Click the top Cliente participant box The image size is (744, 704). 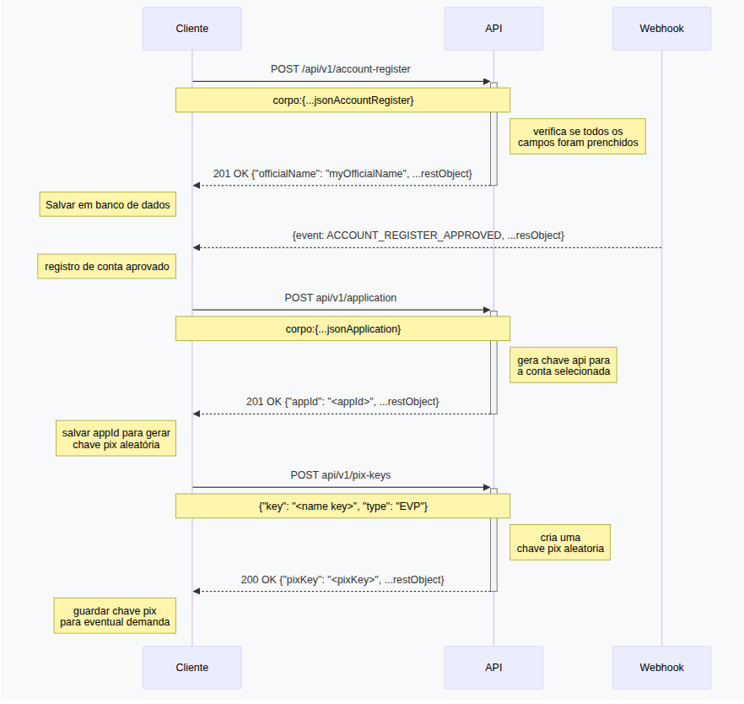tap(191, 29)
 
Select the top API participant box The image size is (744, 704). tap(493, 29)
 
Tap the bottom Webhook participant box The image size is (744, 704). tap(661, 667)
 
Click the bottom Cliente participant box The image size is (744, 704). tap(191, 667)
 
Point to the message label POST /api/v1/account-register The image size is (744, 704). tap(341, 68)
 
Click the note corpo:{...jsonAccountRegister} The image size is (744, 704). tap(342, 100)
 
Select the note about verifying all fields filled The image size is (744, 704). tap(578, 138)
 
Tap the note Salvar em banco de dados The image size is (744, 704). tap(108, 205)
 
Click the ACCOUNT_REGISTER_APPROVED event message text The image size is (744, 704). tap(428, 235)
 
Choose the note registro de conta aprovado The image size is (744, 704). tap(108, 267)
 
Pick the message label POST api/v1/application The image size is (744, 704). tap(341, 298)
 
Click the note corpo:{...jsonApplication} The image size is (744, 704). tap(342, 328)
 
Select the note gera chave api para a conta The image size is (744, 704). tap(563, 366)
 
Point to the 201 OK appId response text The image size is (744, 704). tap(342, 402)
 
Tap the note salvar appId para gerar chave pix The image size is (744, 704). tap(116, 438)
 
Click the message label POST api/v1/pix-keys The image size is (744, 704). tap(341, 475)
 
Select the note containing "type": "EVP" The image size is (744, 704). tap(342, 506)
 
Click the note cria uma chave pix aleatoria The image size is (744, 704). tap(560, 543)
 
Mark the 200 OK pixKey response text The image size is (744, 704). tap(342, 580)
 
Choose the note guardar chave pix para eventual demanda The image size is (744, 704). tap(116, 616)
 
